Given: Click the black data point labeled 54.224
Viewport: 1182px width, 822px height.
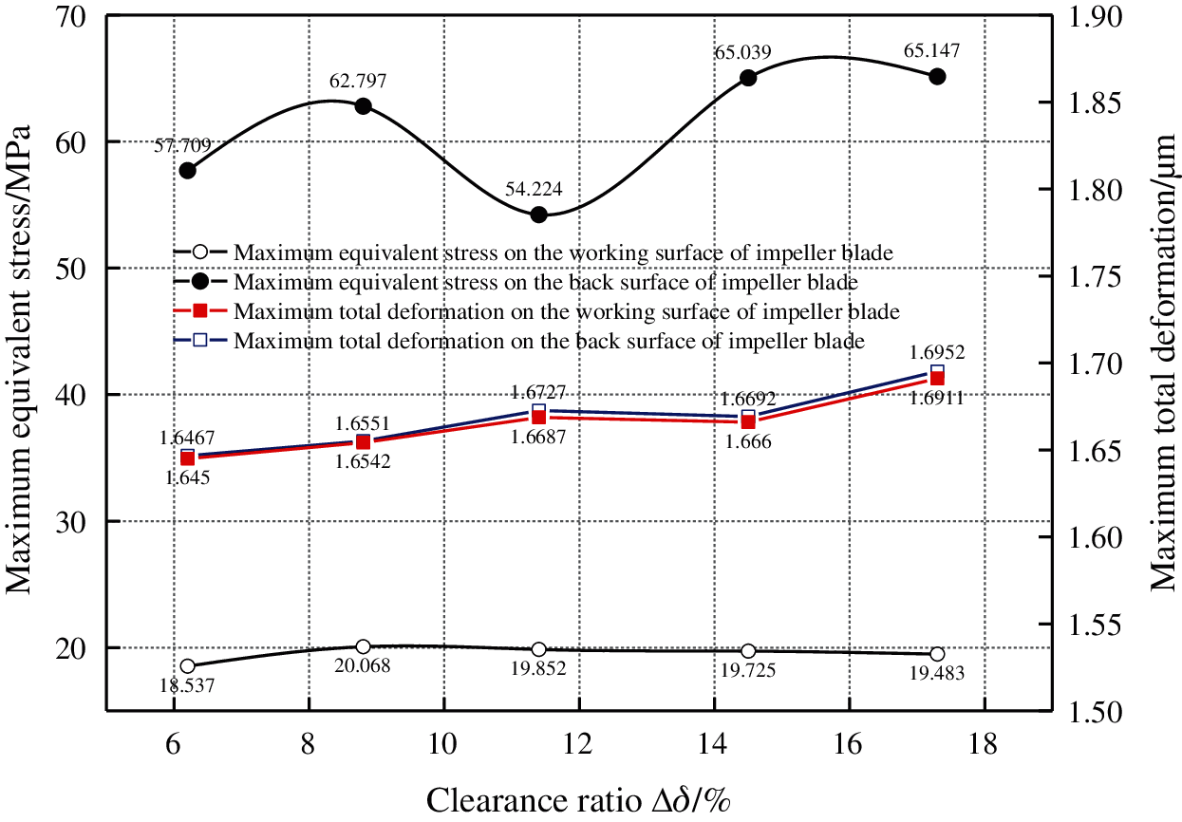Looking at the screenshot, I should (x=538, y=215).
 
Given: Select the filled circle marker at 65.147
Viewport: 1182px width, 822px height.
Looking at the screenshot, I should (x=937, y=76).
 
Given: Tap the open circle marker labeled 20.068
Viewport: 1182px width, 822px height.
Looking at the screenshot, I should (x=363, y=646).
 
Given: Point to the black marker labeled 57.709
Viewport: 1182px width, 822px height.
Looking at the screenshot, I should (x=188, y=170).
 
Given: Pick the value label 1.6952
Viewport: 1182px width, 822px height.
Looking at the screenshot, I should (x=938, y=352).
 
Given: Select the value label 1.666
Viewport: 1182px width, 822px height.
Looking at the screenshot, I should (x=747, y=441).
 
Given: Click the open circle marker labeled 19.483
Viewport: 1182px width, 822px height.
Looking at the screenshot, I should (x=937, y=654).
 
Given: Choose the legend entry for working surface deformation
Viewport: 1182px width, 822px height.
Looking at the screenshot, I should (x=567, y=311).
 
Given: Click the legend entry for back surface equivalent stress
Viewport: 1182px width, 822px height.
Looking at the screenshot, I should (x=546, y=283).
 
